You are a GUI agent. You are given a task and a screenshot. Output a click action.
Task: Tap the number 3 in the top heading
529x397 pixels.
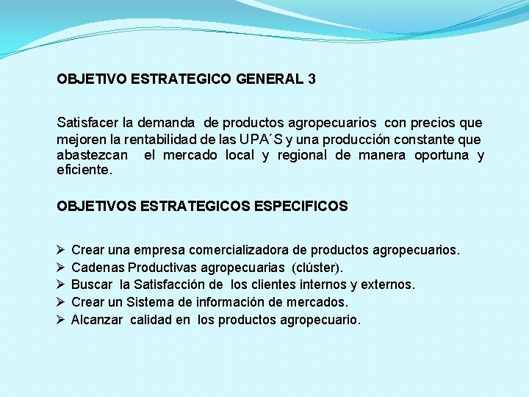(312, 79)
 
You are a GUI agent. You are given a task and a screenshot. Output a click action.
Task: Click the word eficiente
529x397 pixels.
(85, 171)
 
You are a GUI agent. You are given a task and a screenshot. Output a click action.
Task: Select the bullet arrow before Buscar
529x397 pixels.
(60, 285)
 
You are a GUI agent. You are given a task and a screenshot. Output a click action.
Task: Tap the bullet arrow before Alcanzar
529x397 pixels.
(60, 320)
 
